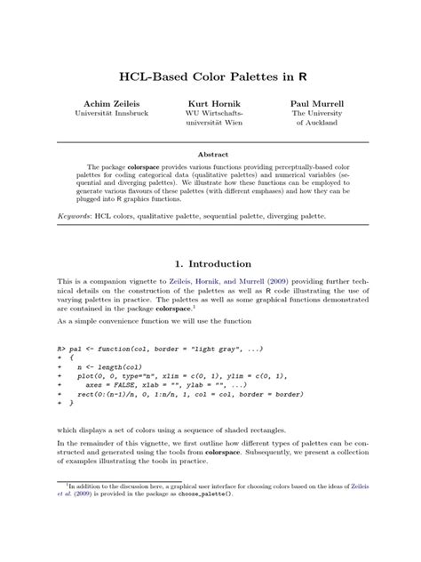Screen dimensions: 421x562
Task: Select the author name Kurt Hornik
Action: pyautogui.click(x=211, y=102)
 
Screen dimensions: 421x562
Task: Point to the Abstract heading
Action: pyautogui.click(x=210, y=152)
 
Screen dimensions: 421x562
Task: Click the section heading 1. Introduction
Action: pyautogui.click(x=210, y=264)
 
